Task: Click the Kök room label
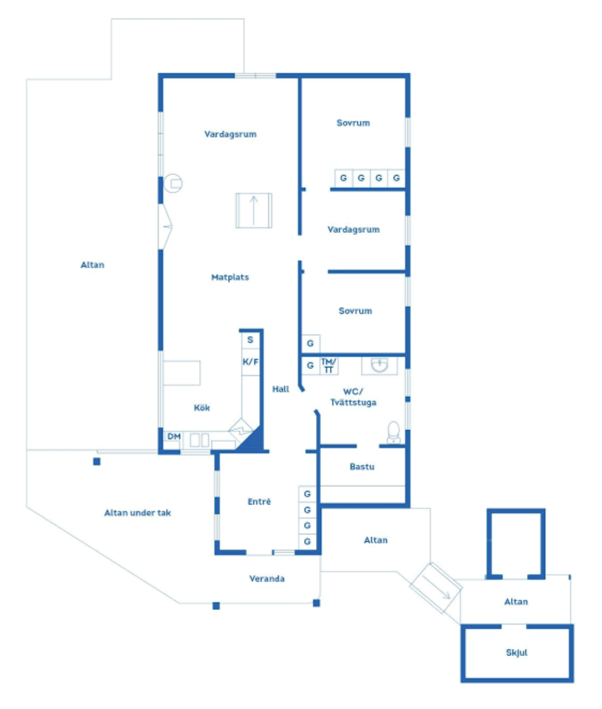coord(202,408)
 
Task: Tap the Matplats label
coord(230,277)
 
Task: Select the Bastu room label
coord(362,467)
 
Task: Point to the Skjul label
coord(517,653)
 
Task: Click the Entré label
coord(259,501)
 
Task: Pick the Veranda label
coord(267,579)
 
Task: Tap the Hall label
coord(281,389)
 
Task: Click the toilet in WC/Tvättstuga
coord(393,432)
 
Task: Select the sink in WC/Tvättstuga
coord(380,365)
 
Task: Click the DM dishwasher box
coord(174,436)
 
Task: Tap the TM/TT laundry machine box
coord(329,366)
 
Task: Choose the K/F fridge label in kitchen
coord(250,362)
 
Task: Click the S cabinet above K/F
coord(250,340)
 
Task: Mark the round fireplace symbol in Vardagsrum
coord(173,184)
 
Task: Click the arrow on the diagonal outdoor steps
coord(436,587)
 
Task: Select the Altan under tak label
coord(138,513)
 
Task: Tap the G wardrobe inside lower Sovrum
coord(311,343)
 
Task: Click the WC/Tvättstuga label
coord(353,397)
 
